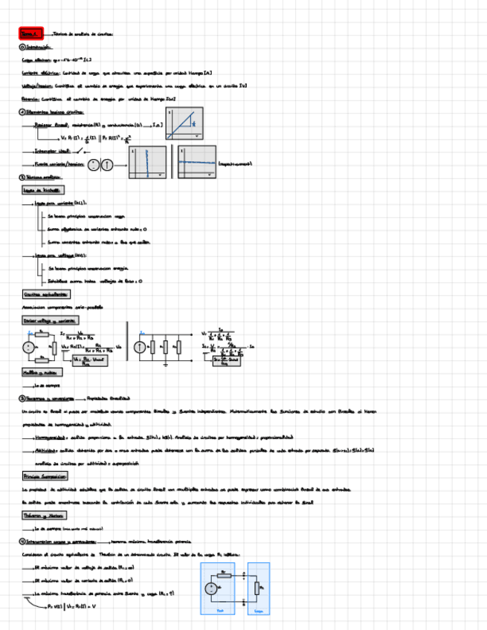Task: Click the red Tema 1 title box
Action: pyautogui.click(x=32, y=33)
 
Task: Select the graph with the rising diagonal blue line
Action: pyautogui.click(x=185, y=123)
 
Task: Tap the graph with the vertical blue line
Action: pyautogui.click(x=147, y=162)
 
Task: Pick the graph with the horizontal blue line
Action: pyautogui.click(x=197, y=162)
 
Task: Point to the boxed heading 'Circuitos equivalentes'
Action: pyautogui.click(x=42, y=294)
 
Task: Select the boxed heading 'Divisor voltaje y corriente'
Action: pyautogui.click(x=51, y=320)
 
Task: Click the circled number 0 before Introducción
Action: pyautogui.click(x=22, y=47)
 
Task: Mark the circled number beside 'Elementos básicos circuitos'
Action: pyautogui.click(x=22, y=112)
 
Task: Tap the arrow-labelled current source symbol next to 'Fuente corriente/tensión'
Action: pyautogui.click(x=106, y=165)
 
